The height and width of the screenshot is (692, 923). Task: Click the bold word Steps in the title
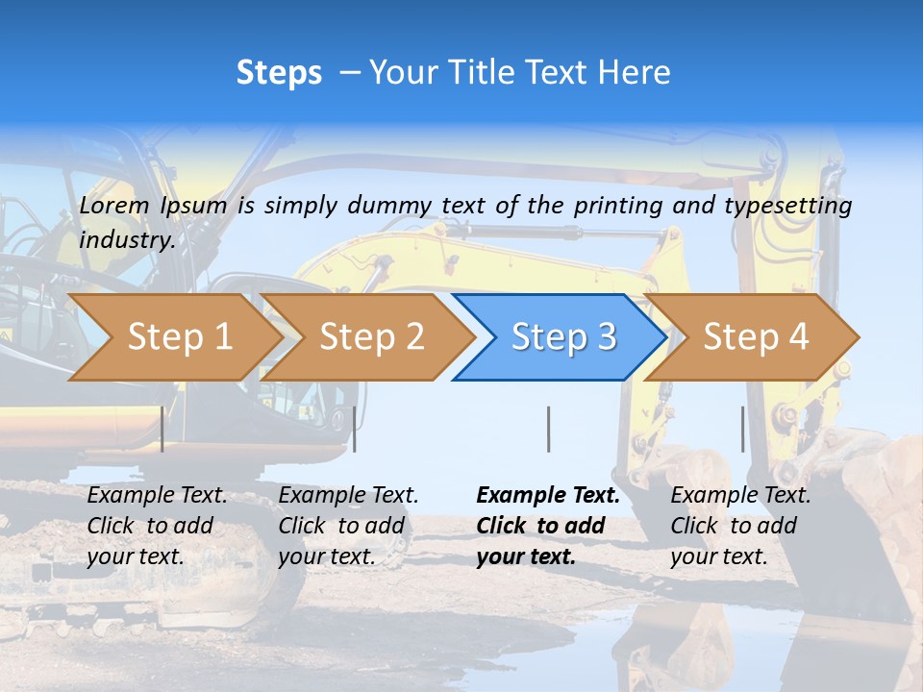tap(279, 73)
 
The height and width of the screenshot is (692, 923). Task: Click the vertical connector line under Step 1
tap(162, 429)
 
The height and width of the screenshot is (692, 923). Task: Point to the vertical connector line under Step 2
tap(355, 429)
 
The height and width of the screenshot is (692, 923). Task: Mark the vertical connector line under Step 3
tap(548, 429)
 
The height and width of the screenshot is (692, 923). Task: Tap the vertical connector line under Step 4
tap(742, 429)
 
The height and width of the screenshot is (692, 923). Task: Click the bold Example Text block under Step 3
tap(548, 526)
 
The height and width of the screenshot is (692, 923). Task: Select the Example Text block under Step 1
tap(158, 526)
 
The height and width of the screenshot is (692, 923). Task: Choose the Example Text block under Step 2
tap(349, 526)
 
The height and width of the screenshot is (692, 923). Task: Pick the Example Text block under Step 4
tap(740, 526)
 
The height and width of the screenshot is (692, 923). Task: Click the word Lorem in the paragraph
tap(114, 206)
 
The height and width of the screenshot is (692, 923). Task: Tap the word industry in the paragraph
tap(126, 240)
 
